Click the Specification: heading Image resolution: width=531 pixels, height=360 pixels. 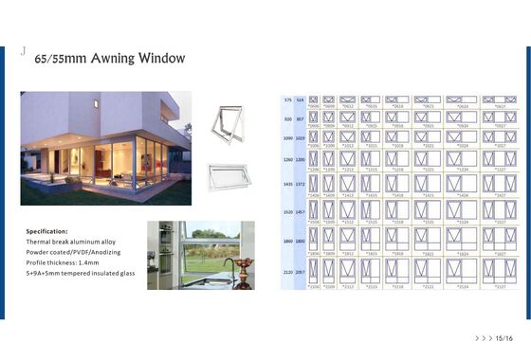point(47,231)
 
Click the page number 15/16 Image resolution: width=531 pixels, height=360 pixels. point(504,336)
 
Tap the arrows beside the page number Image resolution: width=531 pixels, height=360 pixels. point(483,336)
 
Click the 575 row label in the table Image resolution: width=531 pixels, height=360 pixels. point(288,99)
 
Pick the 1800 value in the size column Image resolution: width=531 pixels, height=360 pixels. point(302,243)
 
